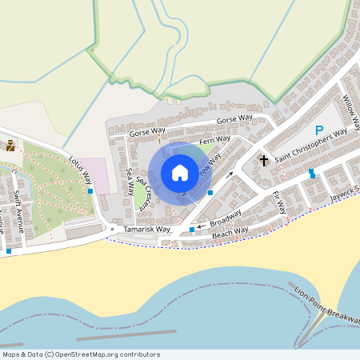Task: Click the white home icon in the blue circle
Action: tap(180, 173)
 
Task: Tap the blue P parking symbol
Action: tap(319, 130)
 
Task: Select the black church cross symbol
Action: tap(264, 161)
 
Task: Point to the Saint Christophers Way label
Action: tap(311, 146)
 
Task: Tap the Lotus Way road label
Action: tap(81, 167)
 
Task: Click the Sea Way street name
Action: tap(130, 182)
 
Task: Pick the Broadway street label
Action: tap(226, 218)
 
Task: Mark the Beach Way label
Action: tap(231, 232)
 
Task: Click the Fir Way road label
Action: tap(279, 202)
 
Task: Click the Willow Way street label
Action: tap(351, 112)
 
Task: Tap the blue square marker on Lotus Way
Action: tap(90, 191)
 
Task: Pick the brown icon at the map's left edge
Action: tap(10, 146)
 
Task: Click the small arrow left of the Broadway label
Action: tap(201, 226)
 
